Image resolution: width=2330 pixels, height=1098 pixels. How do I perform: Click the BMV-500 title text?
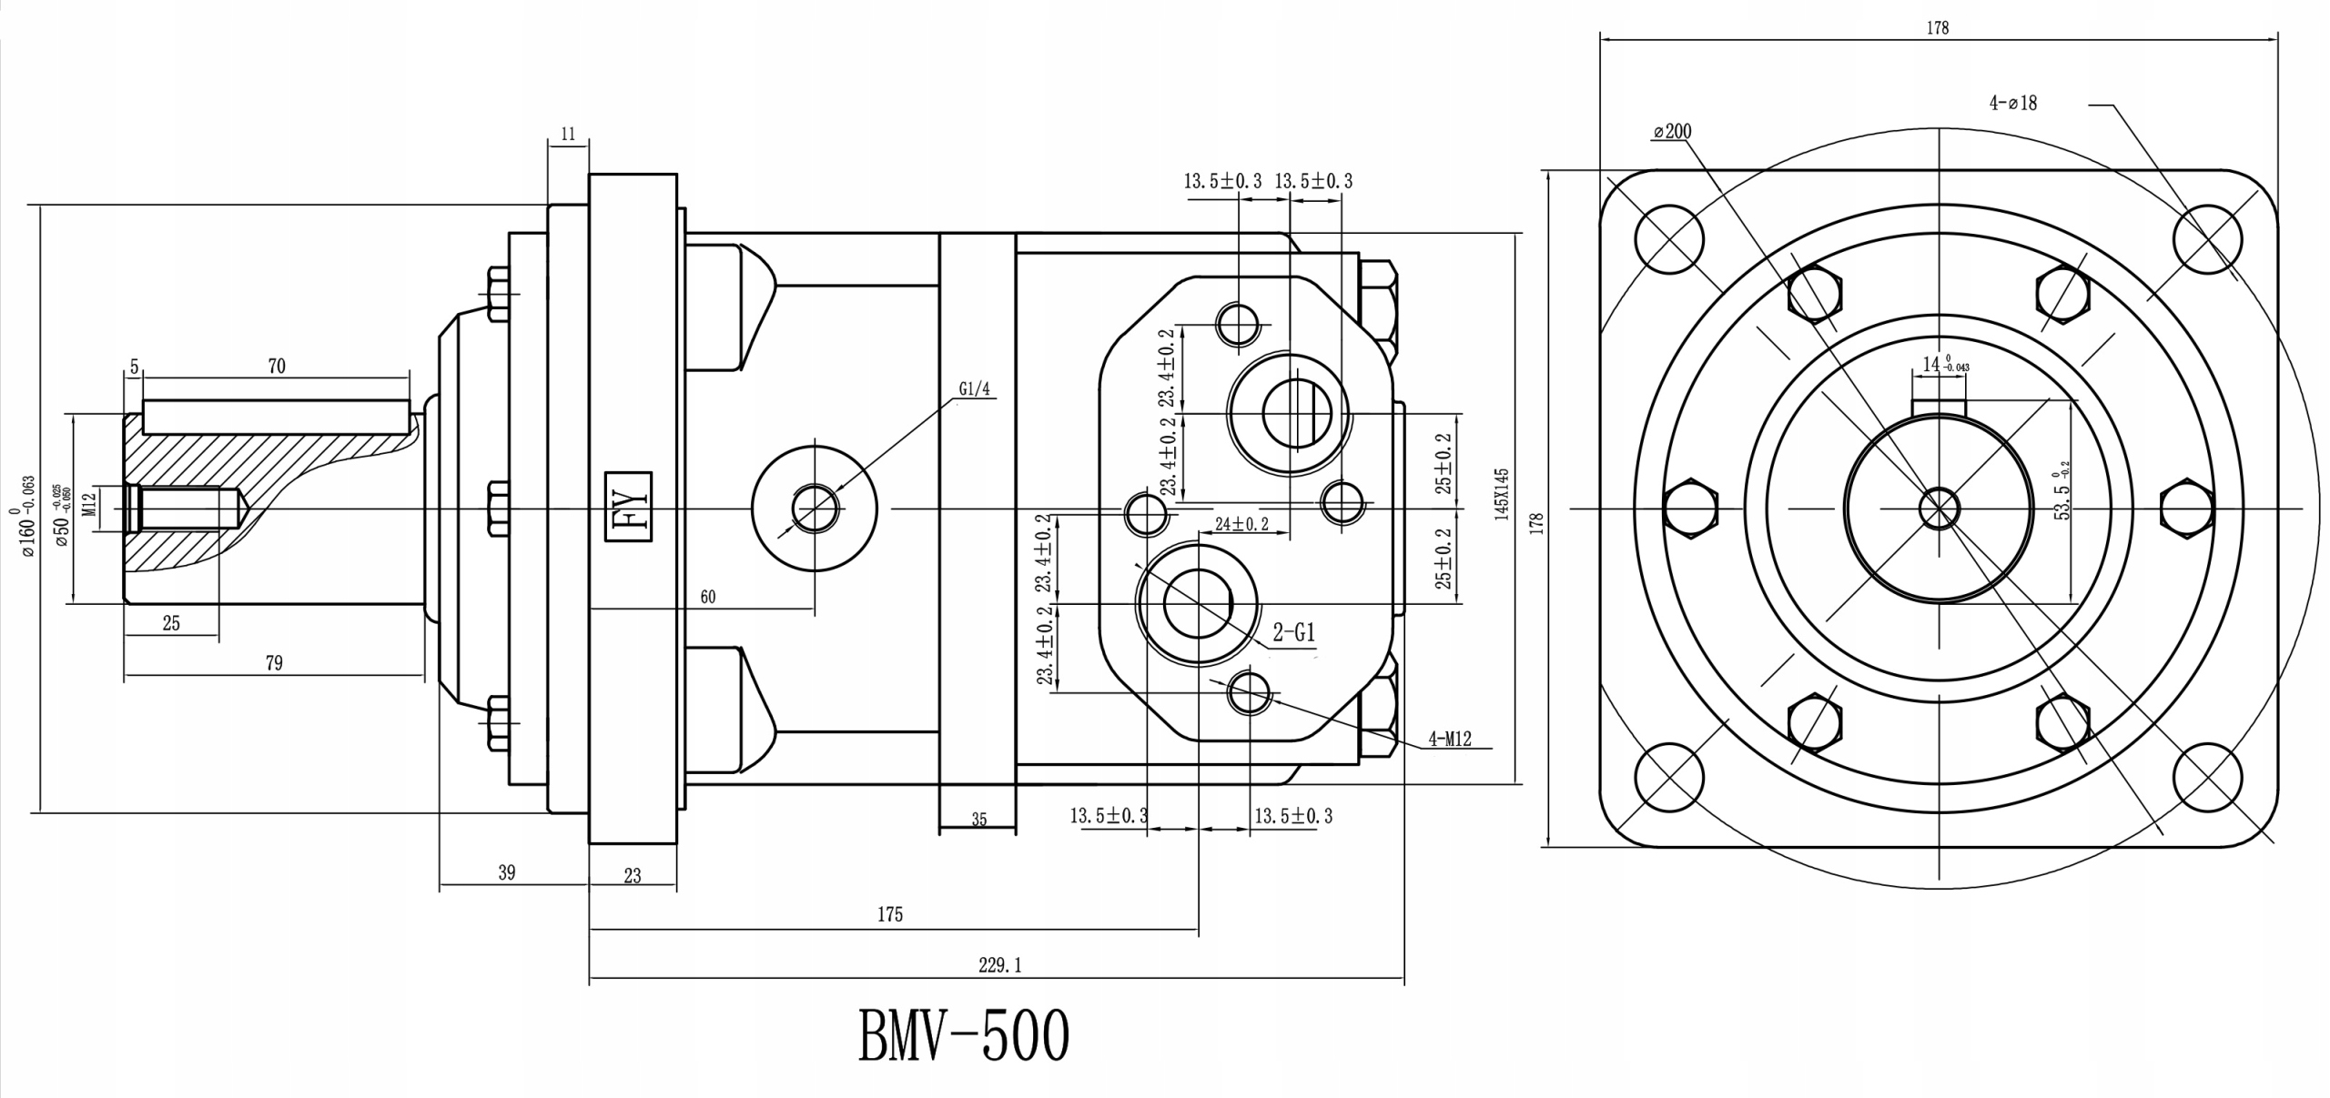pyautogui.click(x=963, y=1035)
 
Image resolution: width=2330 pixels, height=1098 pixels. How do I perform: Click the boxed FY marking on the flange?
pyautogui.click(x=629, y=507)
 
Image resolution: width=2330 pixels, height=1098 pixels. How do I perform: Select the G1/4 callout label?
pyautogui.click(x=973, y=389)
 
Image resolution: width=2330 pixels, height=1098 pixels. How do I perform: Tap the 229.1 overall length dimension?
pyautogui.click(x=999, y=965)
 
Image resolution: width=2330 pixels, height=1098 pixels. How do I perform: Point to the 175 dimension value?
pyautogui.click(x=890, y=914)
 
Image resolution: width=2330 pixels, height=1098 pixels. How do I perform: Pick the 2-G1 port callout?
pyautogui.click(x=1293, y=632)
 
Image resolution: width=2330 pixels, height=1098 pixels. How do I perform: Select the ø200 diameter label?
pyautogui.click(x=1672, y=132)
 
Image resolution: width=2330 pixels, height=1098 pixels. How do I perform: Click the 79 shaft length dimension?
pyautogui.click(x=274, y=663)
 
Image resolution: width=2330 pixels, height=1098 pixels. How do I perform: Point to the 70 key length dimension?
pyautogui.click(x=277, y=366)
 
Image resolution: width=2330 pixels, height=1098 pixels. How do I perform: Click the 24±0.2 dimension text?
pyautogui.click(x=1241, y=524)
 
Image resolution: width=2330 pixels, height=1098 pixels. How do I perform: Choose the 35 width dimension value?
pyautogui.click(x=978, y=820)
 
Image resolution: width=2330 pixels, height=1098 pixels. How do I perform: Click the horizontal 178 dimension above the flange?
pyautogui.click(x=1938, y=28)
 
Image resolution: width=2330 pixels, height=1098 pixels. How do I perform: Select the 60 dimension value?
pyautogui.click(x=708, y=597)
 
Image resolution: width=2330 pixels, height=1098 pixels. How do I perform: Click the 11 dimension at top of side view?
pyautogui.click(x=568, y=135)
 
